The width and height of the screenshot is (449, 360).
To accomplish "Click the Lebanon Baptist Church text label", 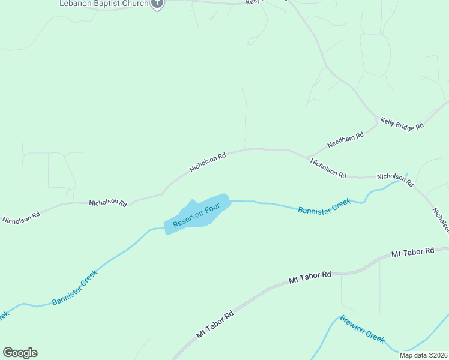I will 103,4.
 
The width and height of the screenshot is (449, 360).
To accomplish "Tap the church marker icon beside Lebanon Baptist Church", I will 157,4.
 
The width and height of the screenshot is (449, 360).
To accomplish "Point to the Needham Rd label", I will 345,140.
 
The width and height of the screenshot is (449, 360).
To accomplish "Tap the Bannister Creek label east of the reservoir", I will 324,206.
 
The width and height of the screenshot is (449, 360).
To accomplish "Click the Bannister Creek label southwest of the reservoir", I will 74,288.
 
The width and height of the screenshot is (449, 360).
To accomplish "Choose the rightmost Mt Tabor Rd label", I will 412,252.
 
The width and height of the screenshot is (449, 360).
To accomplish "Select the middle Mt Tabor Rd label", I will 310,277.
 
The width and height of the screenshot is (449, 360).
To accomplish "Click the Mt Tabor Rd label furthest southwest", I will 214,325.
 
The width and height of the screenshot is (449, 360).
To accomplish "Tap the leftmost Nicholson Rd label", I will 21,217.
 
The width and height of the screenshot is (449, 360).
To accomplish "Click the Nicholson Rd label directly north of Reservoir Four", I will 208,163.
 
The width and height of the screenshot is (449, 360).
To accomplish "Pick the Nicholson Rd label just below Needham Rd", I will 328,168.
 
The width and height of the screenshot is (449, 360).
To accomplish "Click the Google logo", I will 20,353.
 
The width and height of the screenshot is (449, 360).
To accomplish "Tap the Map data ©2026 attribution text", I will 423,355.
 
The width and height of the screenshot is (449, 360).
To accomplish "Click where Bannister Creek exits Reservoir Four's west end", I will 164,229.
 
